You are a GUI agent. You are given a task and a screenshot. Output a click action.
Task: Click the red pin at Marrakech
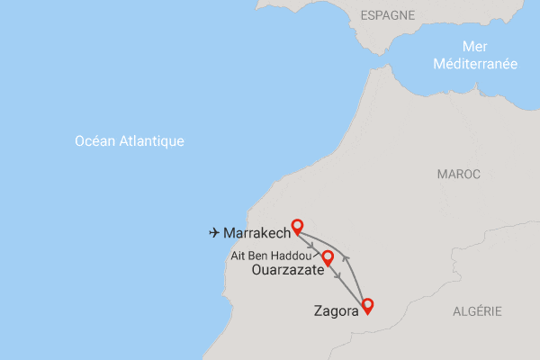tap(298, 227)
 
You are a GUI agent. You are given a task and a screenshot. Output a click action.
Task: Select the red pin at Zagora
tap(366, 305)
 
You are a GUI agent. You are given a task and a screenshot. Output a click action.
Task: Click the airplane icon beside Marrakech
tap(214, 233)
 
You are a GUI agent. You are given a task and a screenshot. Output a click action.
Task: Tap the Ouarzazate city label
tap(288, 269)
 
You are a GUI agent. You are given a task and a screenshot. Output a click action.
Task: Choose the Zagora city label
tap(336, 311)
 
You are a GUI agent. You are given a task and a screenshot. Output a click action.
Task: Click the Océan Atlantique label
tap(130, 141)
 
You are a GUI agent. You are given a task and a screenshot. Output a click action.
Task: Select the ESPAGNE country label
tap(387, 15)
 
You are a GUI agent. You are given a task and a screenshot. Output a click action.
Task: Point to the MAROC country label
tap(459, 173)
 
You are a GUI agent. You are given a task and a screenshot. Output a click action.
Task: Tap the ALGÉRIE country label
tap(478, 310)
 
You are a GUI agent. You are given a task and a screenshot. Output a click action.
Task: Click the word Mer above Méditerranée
tap(474, 47)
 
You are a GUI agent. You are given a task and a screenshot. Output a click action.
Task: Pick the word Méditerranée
tap(474, 64)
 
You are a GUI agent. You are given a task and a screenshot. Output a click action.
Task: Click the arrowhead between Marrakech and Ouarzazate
tap(310, 245)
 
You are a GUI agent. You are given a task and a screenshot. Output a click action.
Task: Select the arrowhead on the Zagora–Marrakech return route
tap(347, 260)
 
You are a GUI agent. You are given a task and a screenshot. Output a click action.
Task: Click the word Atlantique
tap(152, 141)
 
